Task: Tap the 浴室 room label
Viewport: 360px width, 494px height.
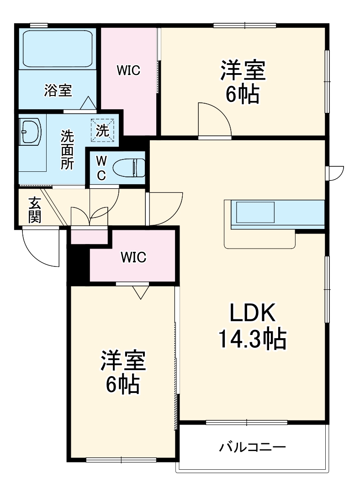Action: point(58,90)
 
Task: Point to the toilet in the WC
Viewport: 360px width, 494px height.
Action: point(129,168)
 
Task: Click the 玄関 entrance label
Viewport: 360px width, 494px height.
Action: point(34,210)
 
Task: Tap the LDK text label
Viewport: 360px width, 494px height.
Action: point(252,314)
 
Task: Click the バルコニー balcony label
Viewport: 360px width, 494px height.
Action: point(252,446)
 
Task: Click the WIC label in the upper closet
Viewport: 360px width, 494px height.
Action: point(128,70)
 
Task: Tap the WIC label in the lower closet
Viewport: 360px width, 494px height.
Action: point(133,258)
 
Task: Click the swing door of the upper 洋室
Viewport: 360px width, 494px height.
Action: point(214,120)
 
